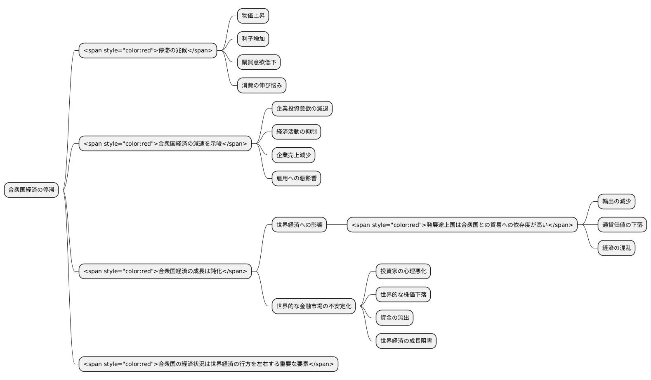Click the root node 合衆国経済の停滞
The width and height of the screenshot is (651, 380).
point(31,190)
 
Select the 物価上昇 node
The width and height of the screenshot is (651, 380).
point(253,16)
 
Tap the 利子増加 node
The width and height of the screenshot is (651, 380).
point(253,39)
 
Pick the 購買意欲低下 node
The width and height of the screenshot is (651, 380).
point(259,62)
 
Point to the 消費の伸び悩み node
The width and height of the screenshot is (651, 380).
point(262,85)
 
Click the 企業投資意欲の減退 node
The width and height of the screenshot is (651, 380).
point(302,109)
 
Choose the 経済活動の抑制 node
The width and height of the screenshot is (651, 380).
point(296,132)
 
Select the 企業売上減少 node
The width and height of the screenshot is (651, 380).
point(293,155)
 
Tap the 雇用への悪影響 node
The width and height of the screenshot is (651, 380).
point(296,178)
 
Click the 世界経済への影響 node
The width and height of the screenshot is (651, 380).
point(299,225)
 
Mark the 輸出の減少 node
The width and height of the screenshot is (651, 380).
point(616,201)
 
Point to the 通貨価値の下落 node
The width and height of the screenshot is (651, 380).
point(622,225)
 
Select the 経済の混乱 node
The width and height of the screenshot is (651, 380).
point(616,248)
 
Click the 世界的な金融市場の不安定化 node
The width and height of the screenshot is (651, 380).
point(314,306)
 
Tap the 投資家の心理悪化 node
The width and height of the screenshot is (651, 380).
point(403,271)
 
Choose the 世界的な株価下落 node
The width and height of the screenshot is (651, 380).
point(403,295)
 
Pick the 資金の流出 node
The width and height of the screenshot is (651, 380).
point(394,318)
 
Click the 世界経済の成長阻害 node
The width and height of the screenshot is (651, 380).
point(406,341)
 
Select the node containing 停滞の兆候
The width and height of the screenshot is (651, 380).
point(148,50)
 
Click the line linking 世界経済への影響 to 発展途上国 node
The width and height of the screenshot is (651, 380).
point(337,225)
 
